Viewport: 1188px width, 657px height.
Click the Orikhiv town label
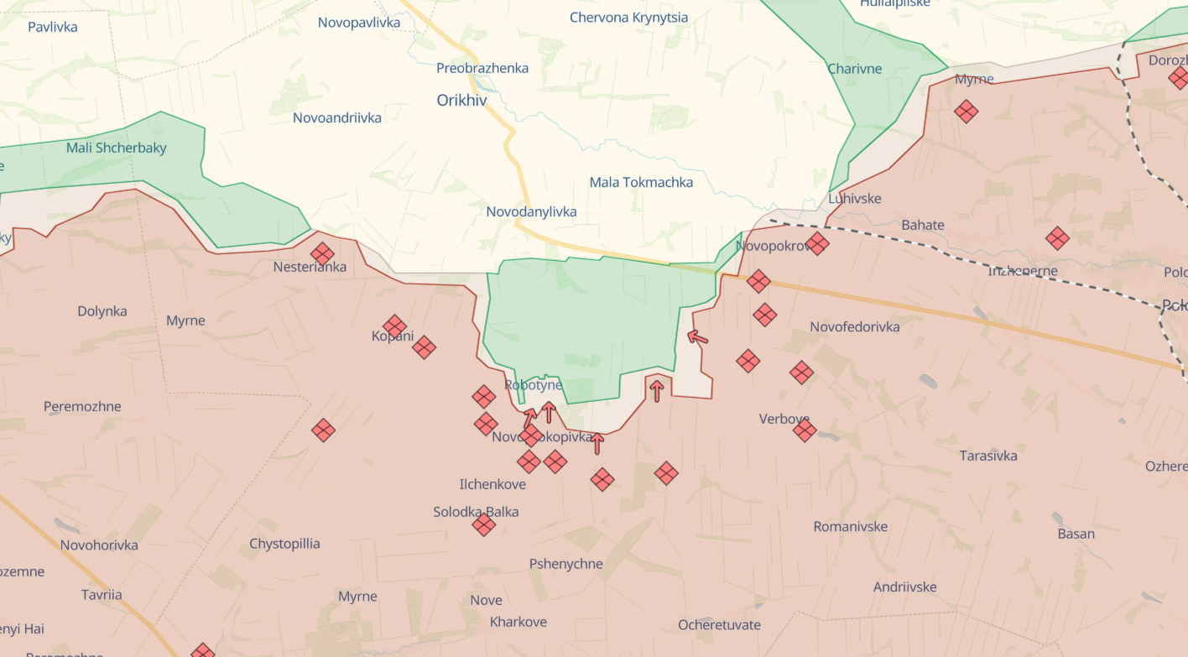tap(461, 100)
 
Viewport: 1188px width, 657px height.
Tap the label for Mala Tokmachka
tap(641, 182)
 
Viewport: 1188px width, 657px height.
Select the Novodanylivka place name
tap(531, 211)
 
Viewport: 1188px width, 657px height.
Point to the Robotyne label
tap(534, 385)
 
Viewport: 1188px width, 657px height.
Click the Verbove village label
tap(784, 419)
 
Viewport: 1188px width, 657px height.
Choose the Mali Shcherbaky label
tap(117, 148)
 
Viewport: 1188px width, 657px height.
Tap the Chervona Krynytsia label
tap(628, 18)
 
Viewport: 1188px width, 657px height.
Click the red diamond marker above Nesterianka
tap(322, 253)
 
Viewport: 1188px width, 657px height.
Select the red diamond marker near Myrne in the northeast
tap(967, 111)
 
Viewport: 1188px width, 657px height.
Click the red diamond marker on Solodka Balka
tap(483, 525)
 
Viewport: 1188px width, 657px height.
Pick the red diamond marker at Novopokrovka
tap(817, 244)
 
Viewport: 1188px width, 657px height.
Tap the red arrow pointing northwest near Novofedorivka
tap(697, 337)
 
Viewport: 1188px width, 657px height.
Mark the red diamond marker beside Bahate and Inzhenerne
tap(1057, 238)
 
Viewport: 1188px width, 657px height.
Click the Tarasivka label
tap(988, 456)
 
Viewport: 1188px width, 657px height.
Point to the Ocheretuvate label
tap(719, 624)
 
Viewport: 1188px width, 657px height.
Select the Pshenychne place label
tap(565, 564)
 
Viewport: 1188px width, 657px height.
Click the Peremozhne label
tap(82, 406)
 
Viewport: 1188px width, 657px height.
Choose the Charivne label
tap(855, 69)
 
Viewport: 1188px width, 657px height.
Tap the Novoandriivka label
tap(337, 117)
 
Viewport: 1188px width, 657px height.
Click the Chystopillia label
tap(284, 544)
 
